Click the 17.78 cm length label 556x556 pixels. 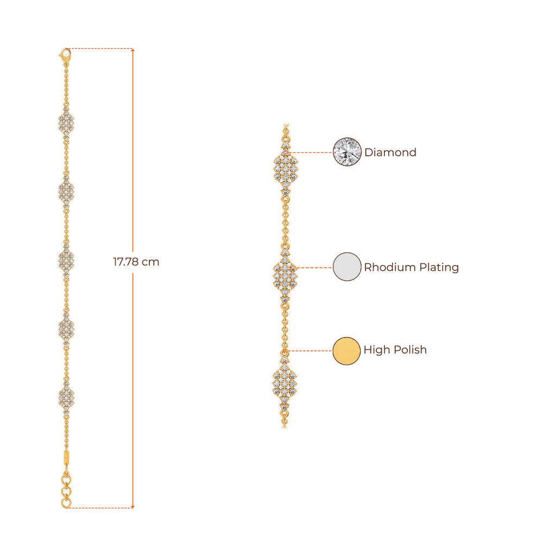coord(136,262)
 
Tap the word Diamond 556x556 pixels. coord(390,152)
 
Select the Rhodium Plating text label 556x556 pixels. coord(411,267)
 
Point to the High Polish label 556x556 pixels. coord(395,350)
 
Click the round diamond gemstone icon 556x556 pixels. coord(347,151)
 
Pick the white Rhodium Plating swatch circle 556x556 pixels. coord(347,267)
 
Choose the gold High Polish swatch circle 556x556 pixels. coord(346,350)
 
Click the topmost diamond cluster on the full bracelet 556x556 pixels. coord(66,123)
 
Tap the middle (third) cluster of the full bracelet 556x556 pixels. coord(66,260)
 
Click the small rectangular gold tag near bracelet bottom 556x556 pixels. coord(66,457)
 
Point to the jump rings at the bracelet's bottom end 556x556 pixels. coord(66,492)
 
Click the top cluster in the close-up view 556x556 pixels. coord(285,168)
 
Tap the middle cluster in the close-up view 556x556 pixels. coord(285,274)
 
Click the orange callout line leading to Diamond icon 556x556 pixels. coord(312,153)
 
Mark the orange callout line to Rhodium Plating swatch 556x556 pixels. coord(315,268)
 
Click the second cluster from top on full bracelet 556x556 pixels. coord(66,191)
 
